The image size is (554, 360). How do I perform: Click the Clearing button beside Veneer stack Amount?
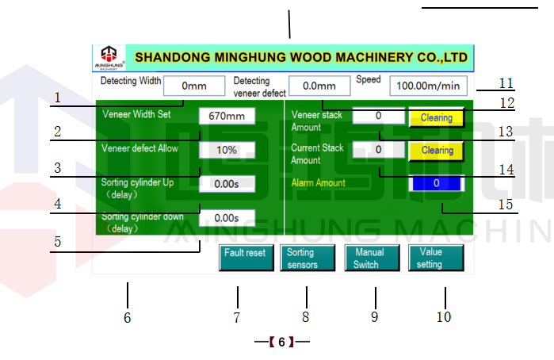point(436,118)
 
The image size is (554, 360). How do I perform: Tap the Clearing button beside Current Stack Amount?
point(436,150)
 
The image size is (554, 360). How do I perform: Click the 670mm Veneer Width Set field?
point(227,116)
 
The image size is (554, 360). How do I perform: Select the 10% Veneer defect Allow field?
point(227,149)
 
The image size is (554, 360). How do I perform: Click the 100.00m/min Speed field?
point(428,86)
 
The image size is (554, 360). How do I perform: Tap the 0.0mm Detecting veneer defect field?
point(319,86)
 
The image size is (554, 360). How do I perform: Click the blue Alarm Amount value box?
point(435,182)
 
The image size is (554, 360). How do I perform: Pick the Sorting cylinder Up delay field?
point(227,183)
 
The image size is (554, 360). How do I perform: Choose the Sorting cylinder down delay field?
point(227,217)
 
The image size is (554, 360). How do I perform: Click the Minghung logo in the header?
point(109,57)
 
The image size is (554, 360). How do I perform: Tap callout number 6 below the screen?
point(127,318)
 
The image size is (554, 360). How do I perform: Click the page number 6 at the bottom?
point(281,343)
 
